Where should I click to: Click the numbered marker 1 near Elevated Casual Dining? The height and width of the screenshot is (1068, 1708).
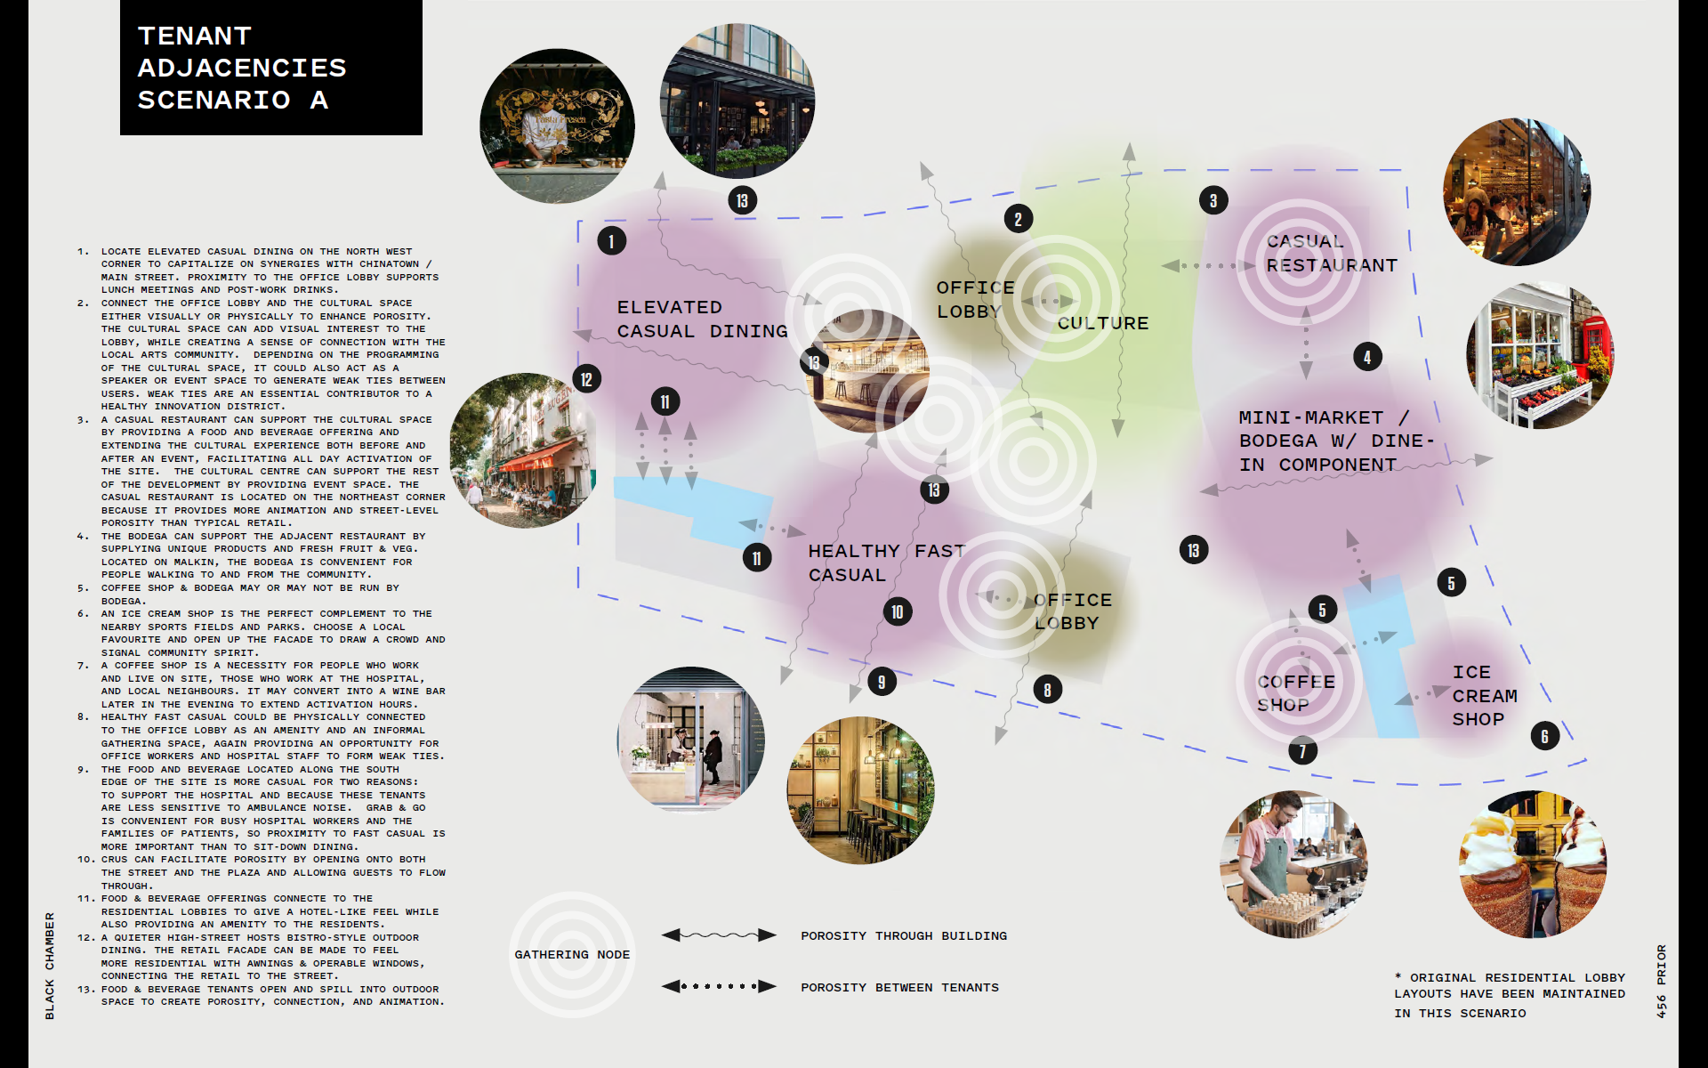611,241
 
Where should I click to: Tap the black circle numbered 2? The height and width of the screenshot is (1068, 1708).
1019,219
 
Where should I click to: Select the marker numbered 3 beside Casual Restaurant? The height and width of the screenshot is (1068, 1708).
1213,200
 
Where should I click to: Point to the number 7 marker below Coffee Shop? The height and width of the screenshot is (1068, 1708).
1303,751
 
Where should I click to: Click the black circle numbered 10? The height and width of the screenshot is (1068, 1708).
898,612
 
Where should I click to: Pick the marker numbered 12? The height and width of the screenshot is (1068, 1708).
586,380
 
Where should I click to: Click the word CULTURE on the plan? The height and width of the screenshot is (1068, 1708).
1103,323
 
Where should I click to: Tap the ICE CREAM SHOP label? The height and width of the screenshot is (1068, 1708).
1485,695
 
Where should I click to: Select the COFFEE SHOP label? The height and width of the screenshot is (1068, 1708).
1296,692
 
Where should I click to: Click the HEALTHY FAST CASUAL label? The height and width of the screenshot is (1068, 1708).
886,562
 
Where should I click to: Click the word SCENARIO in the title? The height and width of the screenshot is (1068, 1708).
214,100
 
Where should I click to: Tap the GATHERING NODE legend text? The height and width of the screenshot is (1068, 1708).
572,955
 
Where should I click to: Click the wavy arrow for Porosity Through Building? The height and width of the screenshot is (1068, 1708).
719,935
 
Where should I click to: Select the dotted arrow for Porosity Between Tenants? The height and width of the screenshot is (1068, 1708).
719,986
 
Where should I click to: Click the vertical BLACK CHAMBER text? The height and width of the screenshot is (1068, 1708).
50,966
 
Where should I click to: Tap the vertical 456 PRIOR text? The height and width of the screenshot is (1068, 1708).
1661,981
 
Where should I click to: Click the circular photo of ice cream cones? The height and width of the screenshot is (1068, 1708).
1533,864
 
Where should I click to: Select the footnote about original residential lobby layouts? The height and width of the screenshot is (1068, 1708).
1510,995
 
